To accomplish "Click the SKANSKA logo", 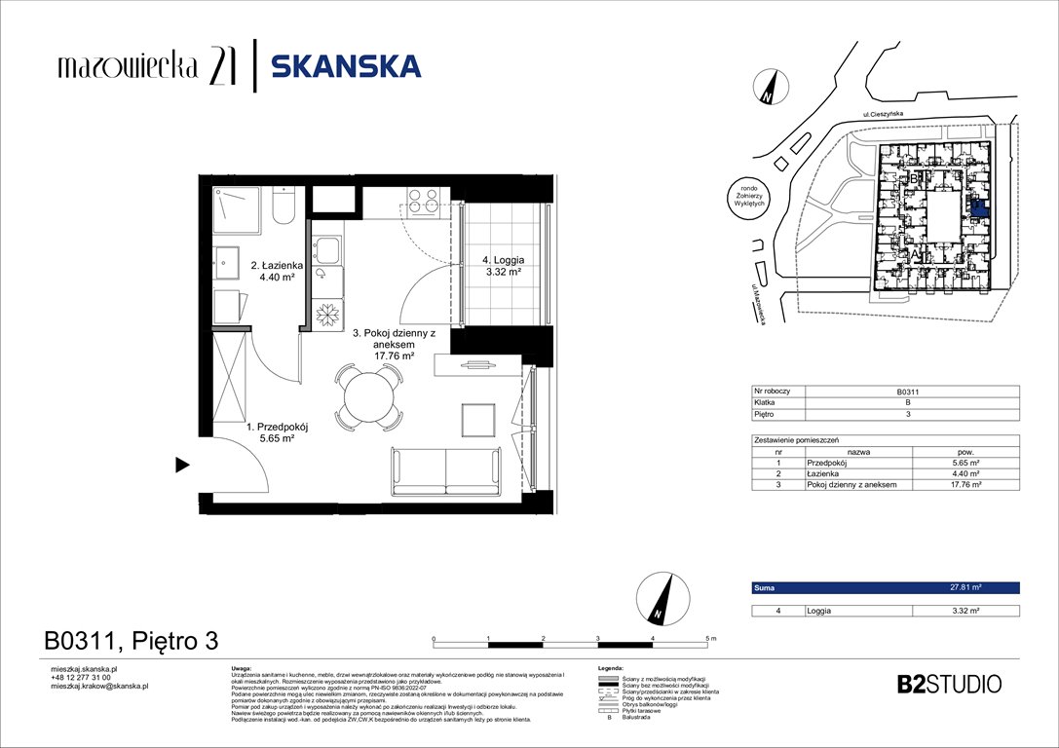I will [x=346, y=66].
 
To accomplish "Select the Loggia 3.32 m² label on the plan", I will [x=504, y=267].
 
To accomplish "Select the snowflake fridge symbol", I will [x=324, y=315].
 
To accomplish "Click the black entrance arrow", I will [x=181, y=465].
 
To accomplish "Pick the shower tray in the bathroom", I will [x=235, y=208].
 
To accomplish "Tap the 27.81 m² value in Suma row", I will [x=964, y=588].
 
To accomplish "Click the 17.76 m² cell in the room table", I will [x=964, y=484].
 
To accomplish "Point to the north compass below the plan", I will [x=658, y=598].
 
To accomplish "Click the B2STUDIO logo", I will [x=948, y=684].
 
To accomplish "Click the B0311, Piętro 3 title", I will [x=131, y=641].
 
